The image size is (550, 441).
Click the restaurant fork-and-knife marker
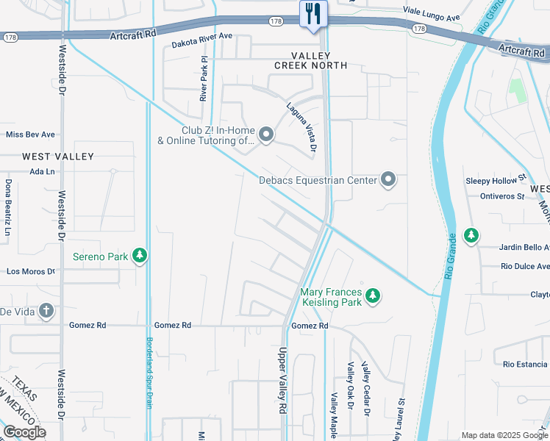point(313,14)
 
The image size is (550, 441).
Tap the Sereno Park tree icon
point(139,256)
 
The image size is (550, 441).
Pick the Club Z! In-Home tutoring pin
point(266,135)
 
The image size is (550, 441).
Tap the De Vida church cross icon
point(47,311)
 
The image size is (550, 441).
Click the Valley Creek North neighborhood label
point(319,60)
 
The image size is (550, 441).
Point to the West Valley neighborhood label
point(58,157)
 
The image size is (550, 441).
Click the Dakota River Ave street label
point(201,40)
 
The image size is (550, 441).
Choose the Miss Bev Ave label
point(30,135)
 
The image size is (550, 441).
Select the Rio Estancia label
point(525,364)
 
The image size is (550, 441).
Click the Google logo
point(24,432)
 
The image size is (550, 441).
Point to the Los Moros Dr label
point(31,271)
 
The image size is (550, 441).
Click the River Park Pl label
point(204,78)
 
